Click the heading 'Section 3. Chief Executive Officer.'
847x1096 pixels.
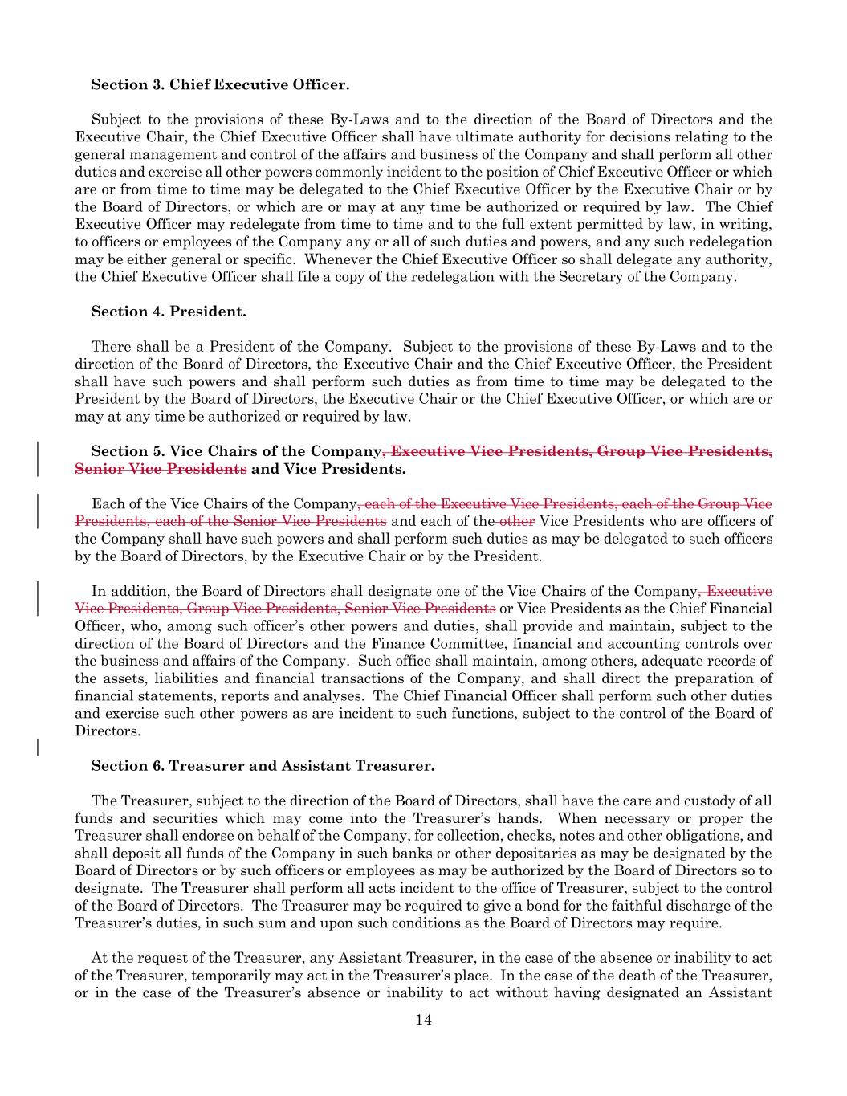220,84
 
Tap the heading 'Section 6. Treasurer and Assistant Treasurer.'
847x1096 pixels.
263,765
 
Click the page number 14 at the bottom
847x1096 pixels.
424,1020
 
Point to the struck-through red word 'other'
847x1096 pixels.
517,521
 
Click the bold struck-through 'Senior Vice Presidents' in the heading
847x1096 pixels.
161,468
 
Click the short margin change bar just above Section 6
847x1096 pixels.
38,747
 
